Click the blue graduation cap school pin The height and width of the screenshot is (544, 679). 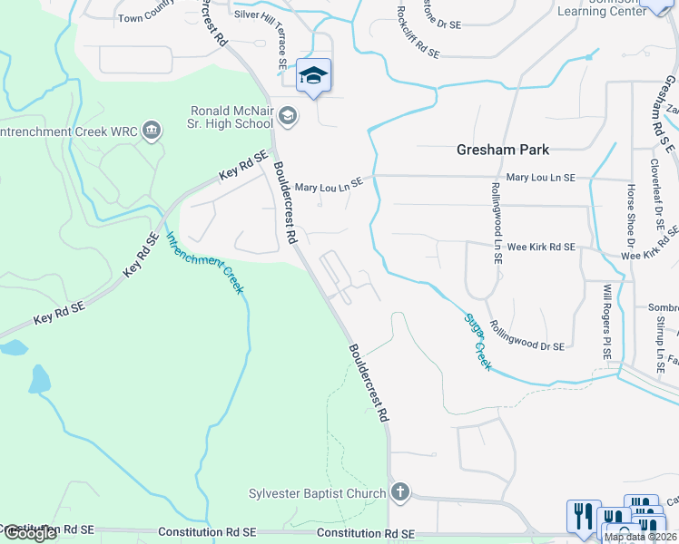click(x=313, y=76)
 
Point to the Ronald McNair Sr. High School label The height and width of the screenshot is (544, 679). click(x=231, y=117)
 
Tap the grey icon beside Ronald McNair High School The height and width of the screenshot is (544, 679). click(x=287, y=115)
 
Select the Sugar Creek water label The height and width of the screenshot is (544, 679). click(x=477, y=341)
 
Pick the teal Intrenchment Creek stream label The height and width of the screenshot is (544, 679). click(x=204, y=262)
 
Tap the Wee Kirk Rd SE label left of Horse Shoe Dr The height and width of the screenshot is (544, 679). click(x=541, y=247)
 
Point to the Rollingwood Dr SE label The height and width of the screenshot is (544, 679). click(x=526, y=334)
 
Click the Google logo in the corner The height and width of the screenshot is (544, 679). click(x=30, y=533)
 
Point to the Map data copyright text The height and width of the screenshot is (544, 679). click(x=641, y=537)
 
